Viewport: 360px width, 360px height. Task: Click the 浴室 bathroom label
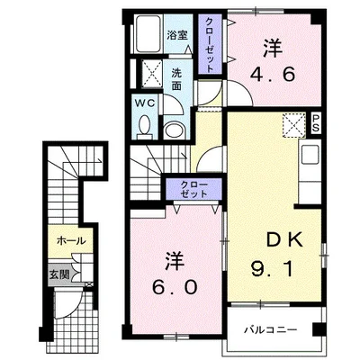(x=177, y=35)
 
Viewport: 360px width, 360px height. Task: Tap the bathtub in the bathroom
(x=148, y=34)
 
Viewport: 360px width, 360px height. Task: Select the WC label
(x=145, y=103)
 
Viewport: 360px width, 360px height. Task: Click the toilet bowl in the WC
(x=145, y=125)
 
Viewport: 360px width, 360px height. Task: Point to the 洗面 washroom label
(x=176, y=79)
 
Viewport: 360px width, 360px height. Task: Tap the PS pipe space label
(x=315, y=123)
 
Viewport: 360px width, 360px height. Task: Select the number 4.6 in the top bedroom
(x=273, y=74)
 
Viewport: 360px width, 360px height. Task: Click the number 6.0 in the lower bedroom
(x=175, y=287)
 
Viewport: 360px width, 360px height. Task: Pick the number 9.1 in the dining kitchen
(x=272, y=268)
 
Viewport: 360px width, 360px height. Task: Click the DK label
(x=285, y=240)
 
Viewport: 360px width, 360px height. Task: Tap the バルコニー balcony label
(x=270, y=329)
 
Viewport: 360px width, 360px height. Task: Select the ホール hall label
(x=71, y=240)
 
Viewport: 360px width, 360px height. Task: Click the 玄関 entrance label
(x=59, y=274)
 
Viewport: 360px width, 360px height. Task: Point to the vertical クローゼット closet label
(x=210, y=44)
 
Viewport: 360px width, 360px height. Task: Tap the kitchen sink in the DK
(x=310, y=155)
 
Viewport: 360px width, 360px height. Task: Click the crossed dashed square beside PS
(x=293, y=125)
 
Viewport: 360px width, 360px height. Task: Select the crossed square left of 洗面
(x=151, y=74)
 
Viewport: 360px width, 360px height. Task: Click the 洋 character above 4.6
(x=273, y=49)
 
